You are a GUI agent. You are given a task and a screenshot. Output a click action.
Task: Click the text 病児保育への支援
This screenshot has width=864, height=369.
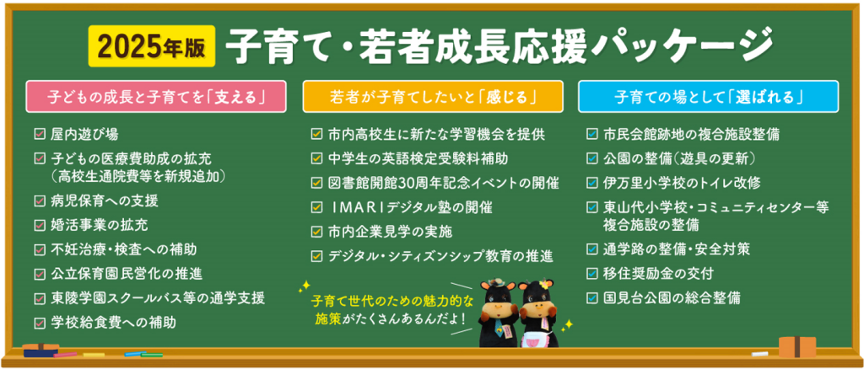point(105,201)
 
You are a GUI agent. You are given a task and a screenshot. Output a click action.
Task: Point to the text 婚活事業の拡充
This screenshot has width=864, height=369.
point(99,225)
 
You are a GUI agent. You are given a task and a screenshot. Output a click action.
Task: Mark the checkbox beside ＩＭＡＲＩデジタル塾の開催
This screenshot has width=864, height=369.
point(316,206)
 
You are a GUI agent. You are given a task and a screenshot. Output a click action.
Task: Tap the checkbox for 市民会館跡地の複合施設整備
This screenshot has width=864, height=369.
point(592,134)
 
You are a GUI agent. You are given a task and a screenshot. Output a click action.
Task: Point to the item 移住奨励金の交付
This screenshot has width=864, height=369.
point(659,273)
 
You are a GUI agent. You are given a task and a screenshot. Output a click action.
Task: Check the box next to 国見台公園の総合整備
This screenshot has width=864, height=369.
point(592,297)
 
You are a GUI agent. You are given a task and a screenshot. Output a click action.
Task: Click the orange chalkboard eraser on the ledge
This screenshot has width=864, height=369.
point(797,346)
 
